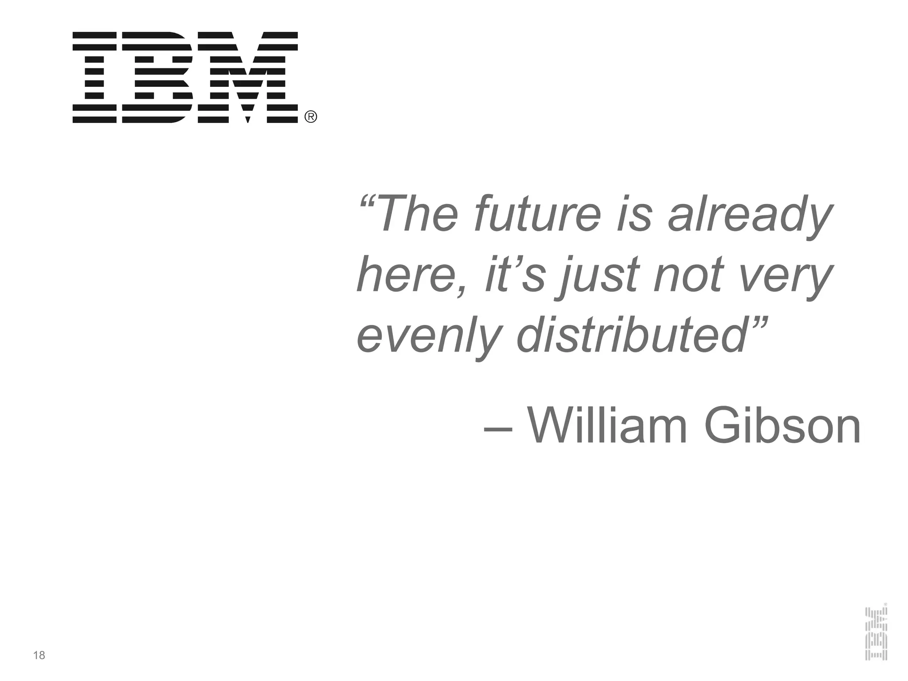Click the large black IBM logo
(x=185, y=77)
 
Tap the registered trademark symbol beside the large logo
(x=311, y=117)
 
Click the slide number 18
(x=39, y=655)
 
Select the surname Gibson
(x=783, y=426)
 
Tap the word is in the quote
(x=634, y=215)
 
